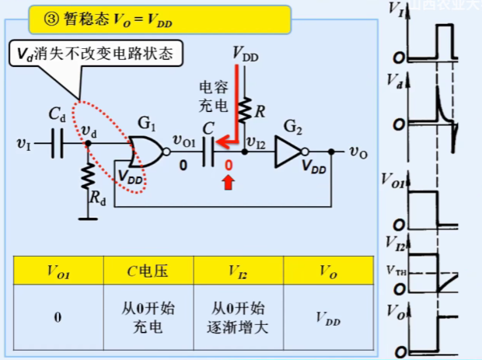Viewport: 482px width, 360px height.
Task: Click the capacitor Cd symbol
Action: point(57,145)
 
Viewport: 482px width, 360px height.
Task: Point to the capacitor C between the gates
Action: point(205,152)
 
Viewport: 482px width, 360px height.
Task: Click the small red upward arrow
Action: point(228,182)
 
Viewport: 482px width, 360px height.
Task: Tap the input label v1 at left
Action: point(25,145)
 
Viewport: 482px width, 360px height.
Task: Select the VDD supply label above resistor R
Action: point(246,54)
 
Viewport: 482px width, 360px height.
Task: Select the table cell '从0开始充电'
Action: point(148,317)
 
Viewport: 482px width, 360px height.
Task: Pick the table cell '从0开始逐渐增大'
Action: point(238,317)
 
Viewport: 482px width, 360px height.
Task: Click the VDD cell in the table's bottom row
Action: point(328,317)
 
